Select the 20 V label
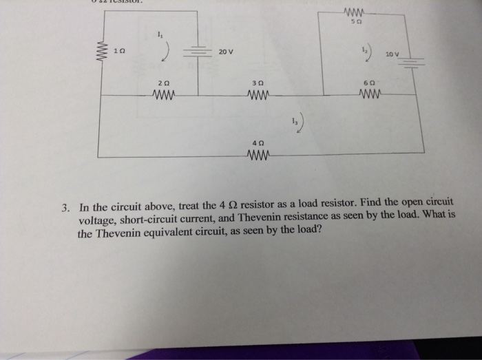[x=227, y=52]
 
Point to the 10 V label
[x=392, y=54]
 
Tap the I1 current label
[x=160, y=34]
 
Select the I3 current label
[x=295, y=120]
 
